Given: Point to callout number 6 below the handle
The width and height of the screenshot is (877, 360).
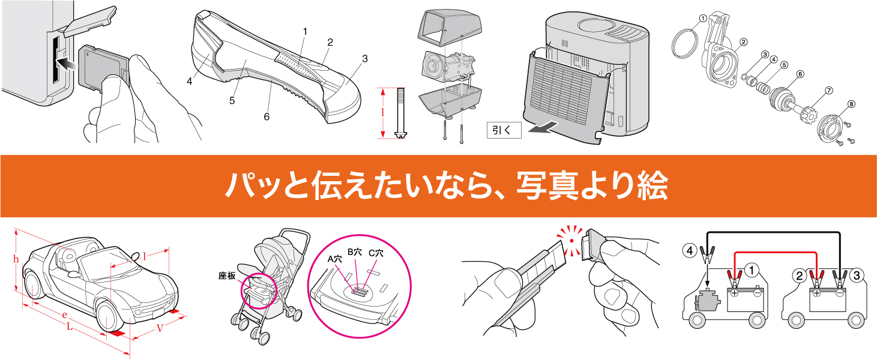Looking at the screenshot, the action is [267, 117].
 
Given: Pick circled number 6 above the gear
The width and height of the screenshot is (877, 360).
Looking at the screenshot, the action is [799, 75].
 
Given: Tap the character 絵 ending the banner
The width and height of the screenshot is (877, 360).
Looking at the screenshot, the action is [651, 187].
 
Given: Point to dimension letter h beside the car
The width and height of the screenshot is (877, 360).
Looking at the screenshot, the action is [16, 260].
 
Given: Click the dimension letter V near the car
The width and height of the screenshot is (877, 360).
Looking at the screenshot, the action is [160, 328].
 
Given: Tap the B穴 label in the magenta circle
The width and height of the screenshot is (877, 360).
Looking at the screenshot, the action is [355, 252].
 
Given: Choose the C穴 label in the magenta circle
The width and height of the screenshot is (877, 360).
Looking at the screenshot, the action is [376, 253].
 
